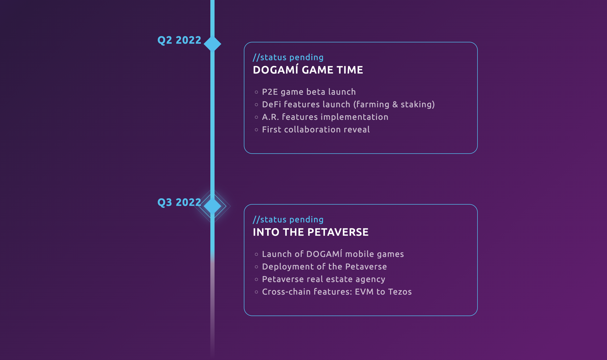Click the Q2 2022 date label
coord(179,40)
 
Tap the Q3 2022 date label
coord(179,203)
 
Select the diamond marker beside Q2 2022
coord(212,44)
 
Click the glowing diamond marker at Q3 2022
coord(212,206)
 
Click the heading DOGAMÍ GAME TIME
coord(308,70)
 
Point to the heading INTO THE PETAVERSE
coord(311,232)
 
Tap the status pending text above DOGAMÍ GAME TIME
coord(288,57)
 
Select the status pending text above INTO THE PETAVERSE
coord(288,220)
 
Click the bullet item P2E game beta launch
coord(309,92)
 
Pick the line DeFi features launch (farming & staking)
coord(348,105)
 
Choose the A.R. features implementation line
coord(325,117)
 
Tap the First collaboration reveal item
coord(316,130)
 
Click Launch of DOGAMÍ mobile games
coord(333,254)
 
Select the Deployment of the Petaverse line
coord(324,267)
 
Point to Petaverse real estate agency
coord(324,279)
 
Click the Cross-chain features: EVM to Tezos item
coord(337,292)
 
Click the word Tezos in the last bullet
coord(400,292)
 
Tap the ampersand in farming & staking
coord(395,105)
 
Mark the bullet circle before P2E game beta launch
coord(256,92)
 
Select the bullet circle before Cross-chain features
coord(256,292)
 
